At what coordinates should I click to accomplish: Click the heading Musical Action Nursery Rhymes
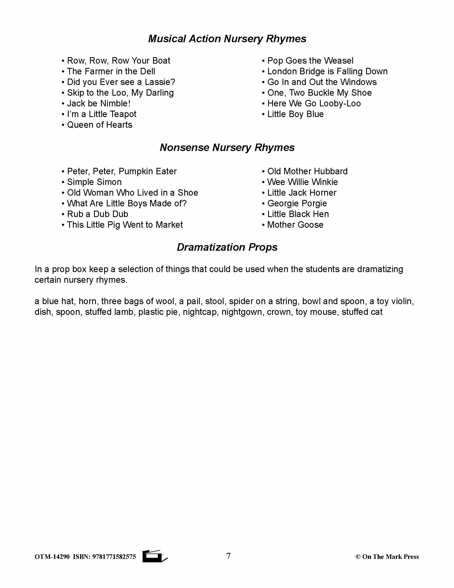point(227,39)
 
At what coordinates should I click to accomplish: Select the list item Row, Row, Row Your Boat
point(118,61)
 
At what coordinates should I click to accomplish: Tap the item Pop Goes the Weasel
point(310,61)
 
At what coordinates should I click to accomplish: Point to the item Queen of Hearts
point(100,125)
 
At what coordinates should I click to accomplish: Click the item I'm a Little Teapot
point(101,114)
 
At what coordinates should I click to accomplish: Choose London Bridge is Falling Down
point(327,71)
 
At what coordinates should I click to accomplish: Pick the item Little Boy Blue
point(295,114)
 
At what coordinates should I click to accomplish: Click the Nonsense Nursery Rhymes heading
point(227,148)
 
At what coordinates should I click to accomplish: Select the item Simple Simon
point(94,182)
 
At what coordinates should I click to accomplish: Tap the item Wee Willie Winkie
point(302,182)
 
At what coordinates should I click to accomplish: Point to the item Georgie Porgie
point(297,204)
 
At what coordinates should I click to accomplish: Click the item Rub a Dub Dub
point(97,214)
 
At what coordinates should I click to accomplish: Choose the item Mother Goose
point(295,225)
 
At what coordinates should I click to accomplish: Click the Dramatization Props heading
point(227,247)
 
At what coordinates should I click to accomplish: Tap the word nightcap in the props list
point(199,312)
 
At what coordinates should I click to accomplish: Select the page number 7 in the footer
point(228,556)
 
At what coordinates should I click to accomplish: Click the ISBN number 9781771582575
point(114,557)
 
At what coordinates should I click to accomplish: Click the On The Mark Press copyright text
point(387,557)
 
